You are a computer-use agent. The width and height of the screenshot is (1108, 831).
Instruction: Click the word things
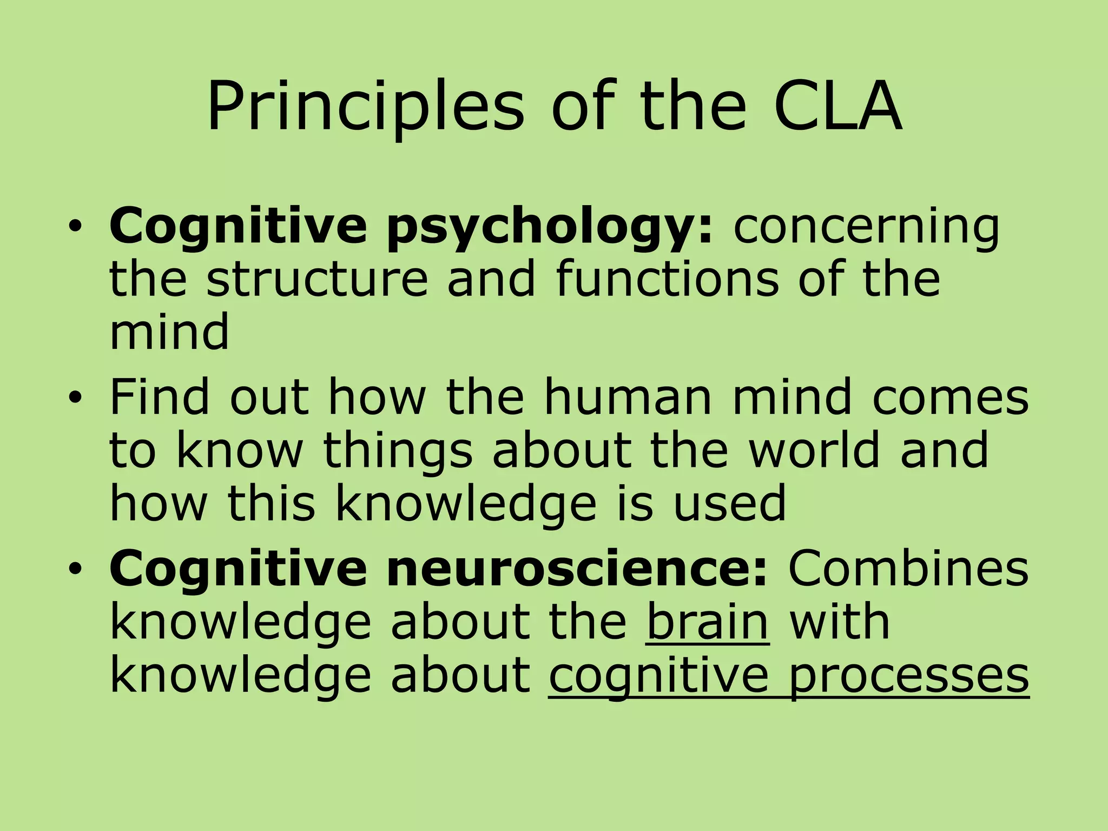point(398,450)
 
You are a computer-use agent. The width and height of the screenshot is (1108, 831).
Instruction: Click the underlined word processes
point(908,676)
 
